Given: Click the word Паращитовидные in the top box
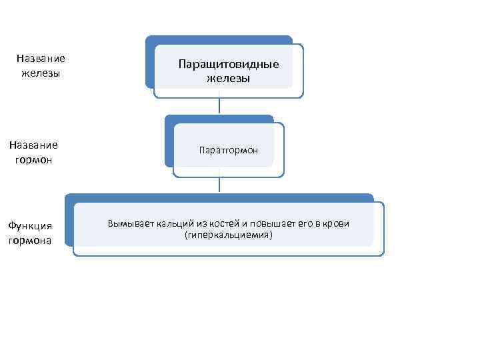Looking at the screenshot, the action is (x=228, y=65).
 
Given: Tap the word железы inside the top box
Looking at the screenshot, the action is (x=228, y=78).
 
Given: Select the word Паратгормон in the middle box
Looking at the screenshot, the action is (x=228, y=151).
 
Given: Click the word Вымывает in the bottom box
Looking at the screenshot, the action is (x=131, y=223).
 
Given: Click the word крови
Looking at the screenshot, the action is (x=335, y=223).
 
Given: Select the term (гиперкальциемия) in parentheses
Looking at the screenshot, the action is (x=228, y=235).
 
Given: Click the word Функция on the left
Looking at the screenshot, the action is (x=30, y=227).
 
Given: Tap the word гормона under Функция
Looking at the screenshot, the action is (x=30, y=240).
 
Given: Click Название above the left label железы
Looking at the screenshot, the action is (x=41, y=59).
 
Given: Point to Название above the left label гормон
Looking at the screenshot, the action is (x=33, y=145).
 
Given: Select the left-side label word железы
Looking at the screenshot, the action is (x=41, y=73).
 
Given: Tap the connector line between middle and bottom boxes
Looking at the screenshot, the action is (x=219, y=185).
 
